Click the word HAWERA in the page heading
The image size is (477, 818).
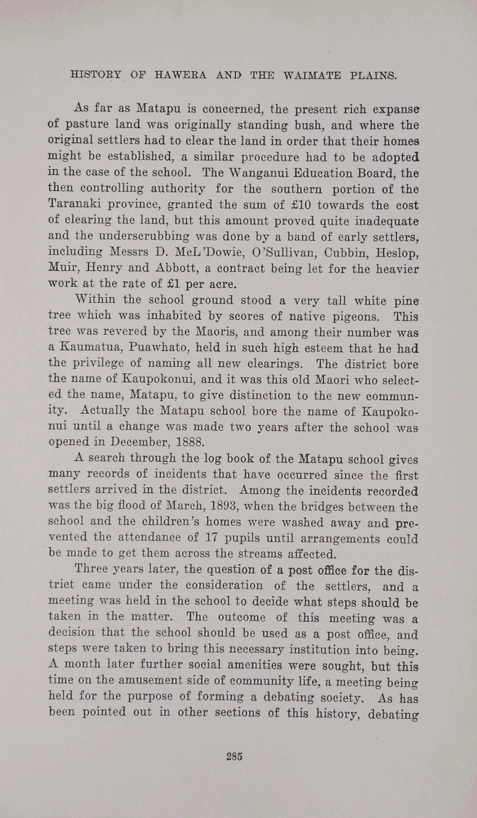(180, 76)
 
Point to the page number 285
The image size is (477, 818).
(234, 756)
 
